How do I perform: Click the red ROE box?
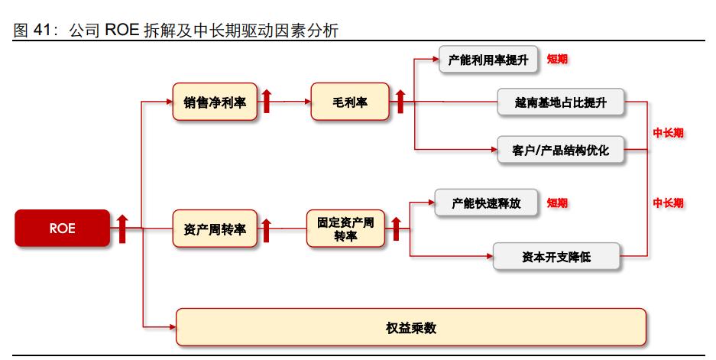(x=62, y=228)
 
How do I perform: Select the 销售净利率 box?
(x=215, y=102)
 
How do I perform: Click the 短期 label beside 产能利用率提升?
(x=557, y=60)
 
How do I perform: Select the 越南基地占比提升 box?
(x=560, y=102)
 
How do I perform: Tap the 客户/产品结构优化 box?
(x=560, y=150)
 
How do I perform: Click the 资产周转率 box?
(x=215, y=229)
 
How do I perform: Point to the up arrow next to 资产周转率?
(x=267, y=229)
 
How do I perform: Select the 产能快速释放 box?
(x=486, y=203)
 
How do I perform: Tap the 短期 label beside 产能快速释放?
(x=557, y=203)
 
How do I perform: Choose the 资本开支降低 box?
(x=557, y=257)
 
